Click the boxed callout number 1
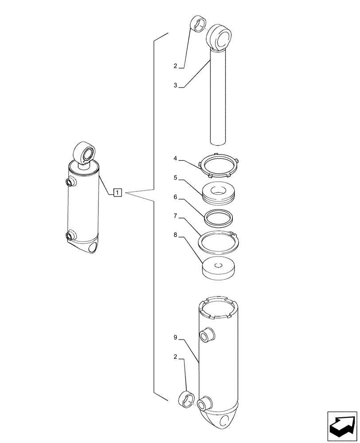click(117, 193)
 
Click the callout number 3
click(175, 85)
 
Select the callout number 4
click(176, 158)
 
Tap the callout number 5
click(176, 178)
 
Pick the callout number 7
click(176, 216)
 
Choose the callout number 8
click(176, 236)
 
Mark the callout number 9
click(176, 338)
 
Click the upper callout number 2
click(175, 66)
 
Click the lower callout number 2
click(175, 356)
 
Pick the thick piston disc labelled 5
click(219, 194)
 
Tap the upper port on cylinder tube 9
click(207, 335)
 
